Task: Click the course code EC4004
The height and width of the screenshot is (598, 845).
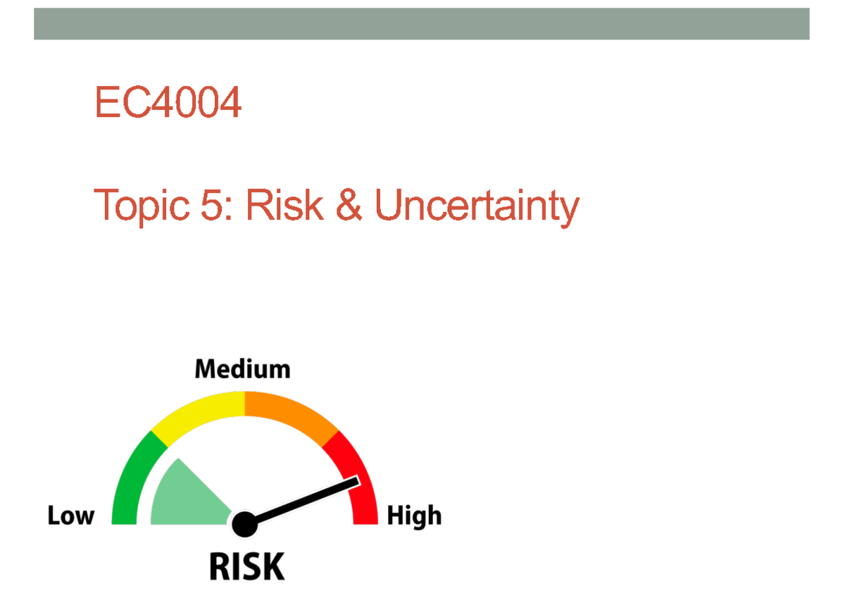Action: [168, 103]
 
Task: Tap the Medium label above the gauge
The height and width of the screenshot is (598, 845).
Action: [242, 369]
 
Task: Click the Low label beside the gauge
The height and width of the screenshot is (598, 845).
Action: [70, 516]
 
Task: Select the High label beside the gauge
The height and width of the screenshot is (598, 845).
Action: [414, 516]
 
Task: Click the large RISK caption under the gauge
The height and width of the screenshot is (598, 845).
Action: [246, 566]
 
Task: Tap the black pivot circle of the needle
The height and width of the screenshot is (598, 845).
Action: [244, 523]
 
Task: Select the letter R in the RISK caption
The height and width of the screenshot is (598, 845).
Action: [221, 566]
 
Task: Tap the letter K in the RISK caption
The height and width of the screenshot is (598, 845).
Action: [273, 566]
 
